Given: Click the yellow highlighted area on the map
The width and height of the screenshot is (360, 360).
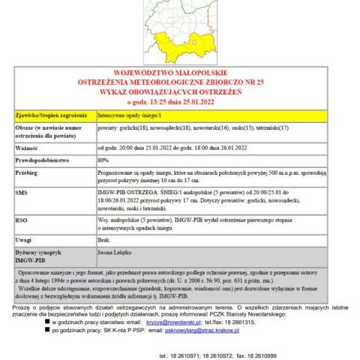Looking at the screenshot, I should coord(187,45).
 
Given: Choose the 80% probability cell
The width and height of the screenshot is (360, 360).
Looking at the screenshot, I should coord(103,160).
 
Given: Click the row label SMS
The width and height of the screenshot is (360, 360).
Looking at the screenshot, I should coord(21,193).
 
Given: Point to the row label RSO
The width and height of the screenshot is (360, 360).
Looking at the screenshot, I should coord(21,220).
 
